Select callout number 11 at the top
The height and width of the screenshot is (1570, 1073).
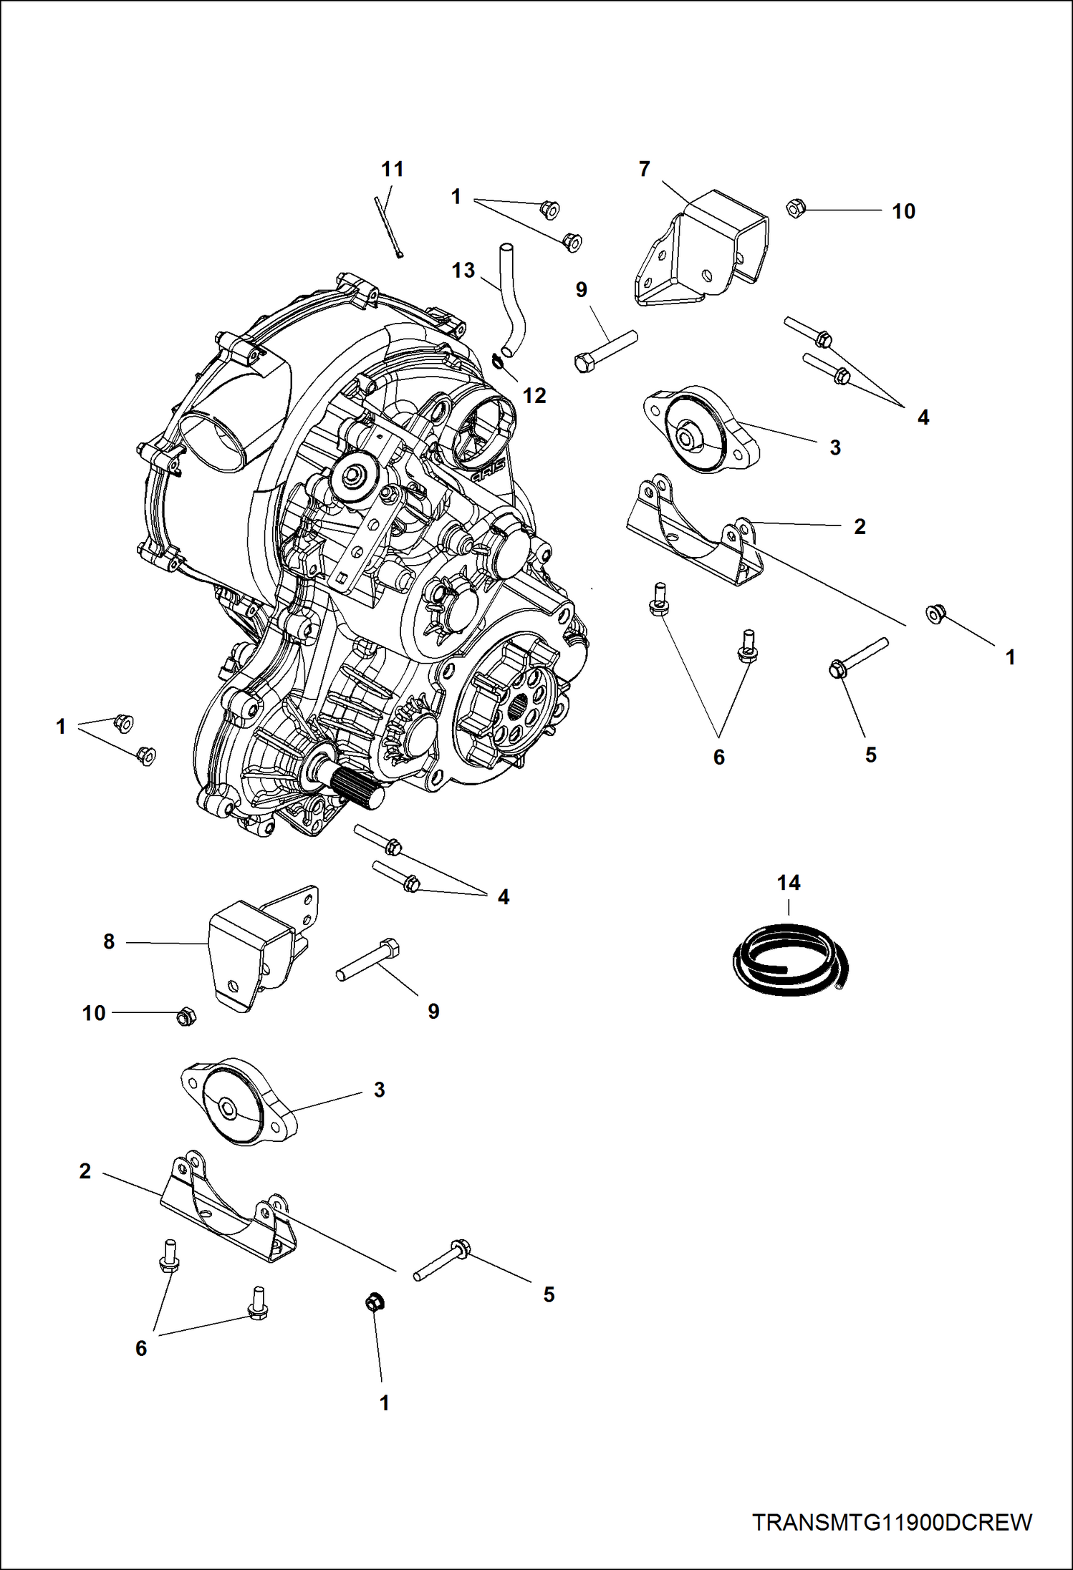[x=392, y=169]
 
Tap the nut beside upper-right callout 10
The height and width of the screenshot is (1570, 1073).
[x=795, y=208]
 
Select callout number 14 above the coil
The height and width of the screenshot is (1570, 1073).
[x=789, y=883]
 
